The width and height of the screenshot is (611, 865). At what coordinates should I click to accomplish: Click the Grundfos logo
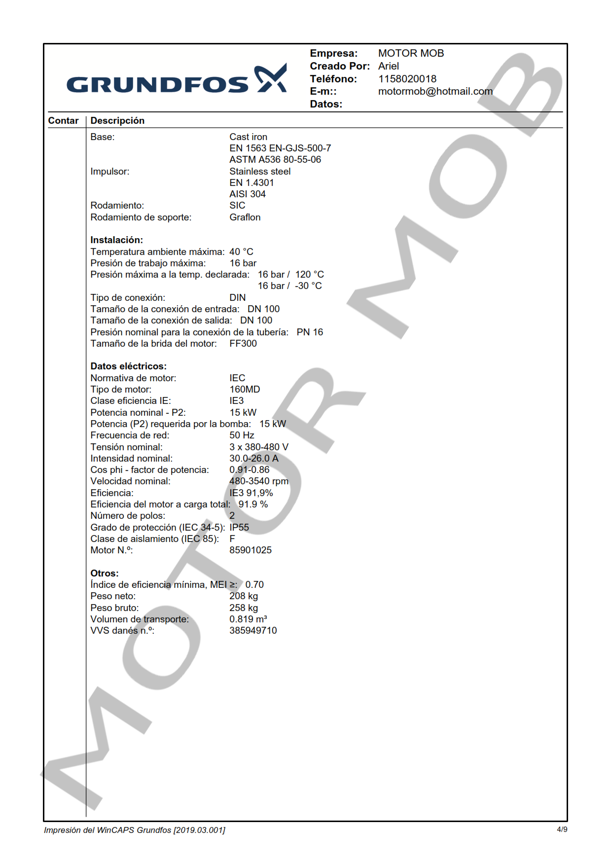(176, 79)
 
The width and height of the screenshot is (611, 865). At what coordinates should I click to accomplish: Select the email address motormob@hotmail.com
(435, 92)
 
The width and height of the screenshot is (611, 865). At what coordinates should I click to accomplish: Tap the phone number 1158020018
(407, 79)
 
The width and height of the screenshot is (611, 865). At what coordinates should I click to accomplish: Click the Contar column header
(63, 121)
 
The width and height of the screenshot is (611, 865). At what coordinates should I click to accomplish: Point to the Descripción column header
(117, 121)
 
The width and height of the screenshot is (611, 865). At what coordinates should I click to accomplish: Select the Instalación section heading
(116, 240)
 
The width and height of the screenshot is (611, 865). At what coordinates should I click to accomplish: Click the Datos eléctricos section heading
(128, 366)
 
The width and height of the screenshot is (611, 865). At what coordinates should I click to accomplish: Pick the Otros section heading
(104, 574)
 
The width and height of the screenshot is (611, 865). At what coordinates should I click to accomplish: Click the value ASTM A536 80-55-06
(275, 160)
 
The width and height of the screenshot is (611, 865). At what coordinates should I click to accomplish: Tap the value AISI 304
(247, 194)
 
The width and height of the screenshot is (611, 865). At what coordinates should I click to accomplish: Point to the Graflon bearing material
(245, 217)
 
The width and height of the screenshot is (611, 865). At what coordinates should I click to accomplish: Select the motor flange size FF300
(243, 344)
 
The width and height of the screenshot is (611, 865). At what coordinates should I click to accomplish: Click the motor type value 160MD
(245, 390)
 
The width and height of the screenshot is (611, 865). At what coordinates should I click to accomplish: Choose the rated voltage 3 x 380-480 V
(258, 447)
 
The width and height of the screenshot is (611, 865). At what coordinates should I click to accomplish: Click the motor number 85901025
(250, 550)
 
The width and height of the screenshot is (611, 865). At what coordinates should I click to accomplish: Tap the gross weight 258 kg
(243, 608)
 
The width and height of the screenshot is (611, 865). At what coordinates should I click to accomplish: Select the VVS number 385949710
(253, 631)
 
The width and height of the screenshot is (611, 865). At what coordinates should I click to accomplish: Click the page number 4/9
(562, 829)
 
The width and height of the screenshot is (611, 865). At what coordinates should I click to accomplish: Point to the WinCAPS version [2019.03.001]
(199, 830)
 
